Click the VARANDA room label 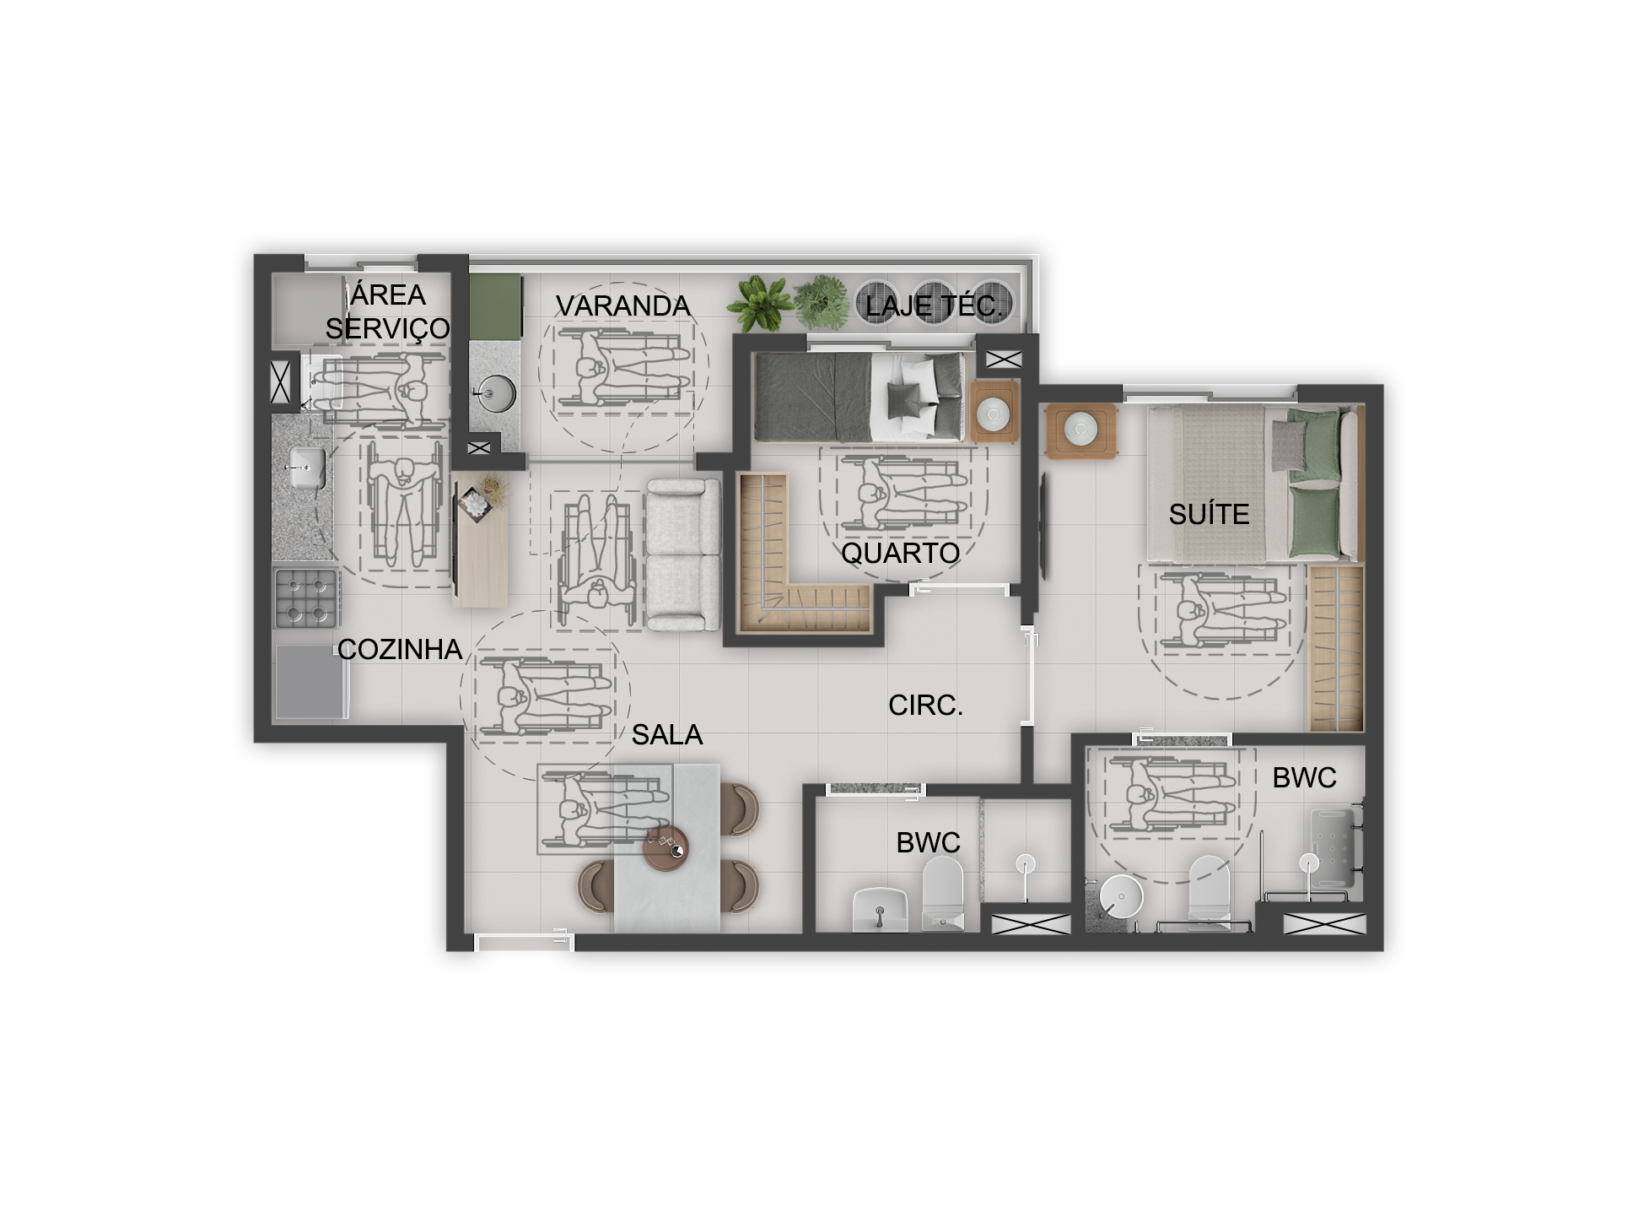click(622, 306)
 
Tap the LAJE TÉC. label click(934, 306)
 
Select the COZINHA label click(400, 649)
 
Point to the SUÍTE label click(1209, 514)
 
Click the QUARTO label click(901, 553)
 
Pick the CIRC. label click(925, 705)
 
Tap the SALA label click(666, 734)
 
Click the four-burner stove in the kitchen click(306, 598)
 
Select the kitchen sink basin click(306, 467)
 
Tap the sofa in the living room click(682, 555)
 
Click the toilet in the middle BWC click(942, 895)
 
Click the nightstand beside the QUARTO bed click(995, 411)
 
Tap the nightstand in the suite click(1081, 431)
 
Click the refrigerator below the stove click(310, 682)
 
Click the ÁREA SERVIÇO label click(388, 311)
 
